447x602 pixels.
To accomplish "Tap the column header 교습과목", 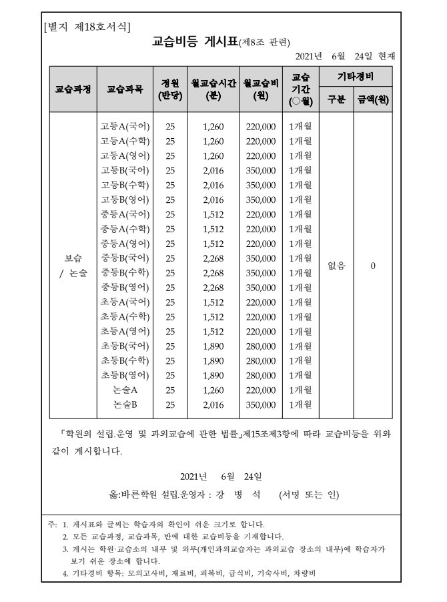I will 125,88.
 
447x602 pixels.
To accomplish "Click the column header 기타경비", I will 356,77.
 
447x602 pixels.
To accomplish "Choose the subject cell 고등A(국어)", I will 125,125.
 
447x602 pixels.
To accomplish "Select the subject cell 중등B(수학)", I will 125,272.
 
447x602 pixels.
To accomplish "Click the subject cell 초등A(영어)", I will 125,331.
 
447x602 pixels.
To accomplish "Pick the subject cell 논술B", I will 125,404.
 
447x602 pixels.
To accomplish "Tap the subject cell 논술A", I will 125,390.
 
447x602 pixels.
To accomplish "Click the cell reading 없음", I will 337,265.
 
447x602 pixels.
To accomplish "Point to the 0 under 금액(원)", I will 373,265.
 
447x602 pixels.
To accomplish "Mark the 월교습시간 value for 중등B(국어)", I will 213,258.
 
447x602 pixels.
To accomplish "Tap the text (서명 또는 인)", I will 309,495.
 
